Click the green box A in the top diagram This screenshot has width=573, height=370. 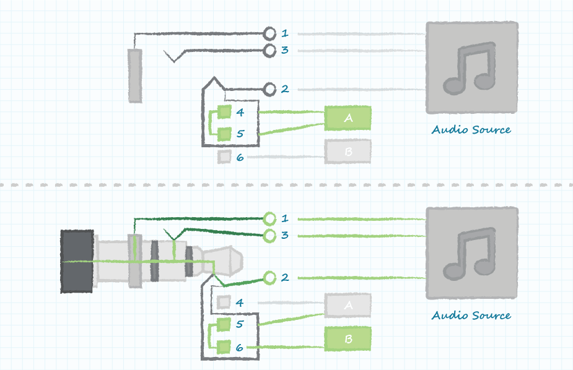point(348,118)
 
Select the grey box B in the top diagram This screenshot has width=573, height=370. point(348,151)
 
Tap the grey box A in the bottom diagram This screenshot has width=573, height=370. point(348,305)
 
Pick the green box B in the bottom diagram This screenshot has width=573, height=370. point(348,339)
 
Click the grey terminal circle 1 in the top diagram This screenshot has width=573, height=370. point(269,33)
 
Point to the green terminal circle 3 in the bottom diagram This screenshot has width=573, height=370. point(269,236)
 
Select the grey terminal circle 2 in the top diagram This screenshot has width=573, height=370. point(269,89)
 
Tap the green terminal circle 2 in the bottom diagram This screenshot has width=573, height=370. point(269,278)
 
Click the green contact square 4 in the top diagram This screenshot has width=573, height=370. point(224,111)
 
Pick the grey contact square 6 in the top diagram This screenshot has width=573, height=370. point(224,157)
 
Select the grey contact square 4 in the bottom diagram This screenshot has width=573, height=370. point(224,302)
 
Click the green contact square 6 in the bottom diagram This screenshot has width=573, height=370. point(224,347)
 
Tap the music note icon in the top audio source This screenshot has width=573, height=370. point(470,68)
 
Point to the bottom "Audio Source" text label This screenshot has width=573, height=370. point(471,316)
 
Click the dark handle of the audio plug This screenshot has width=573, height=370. point(77,261)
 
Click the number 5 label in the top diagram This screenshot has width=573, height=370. point(240,134)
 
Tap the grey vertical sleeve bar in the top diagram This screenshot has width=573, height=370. point(135,76)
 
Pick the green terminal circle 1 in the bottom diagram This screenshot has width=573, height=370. point(269,218)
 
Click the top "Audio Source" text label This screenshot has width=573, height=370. point(471,129)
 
